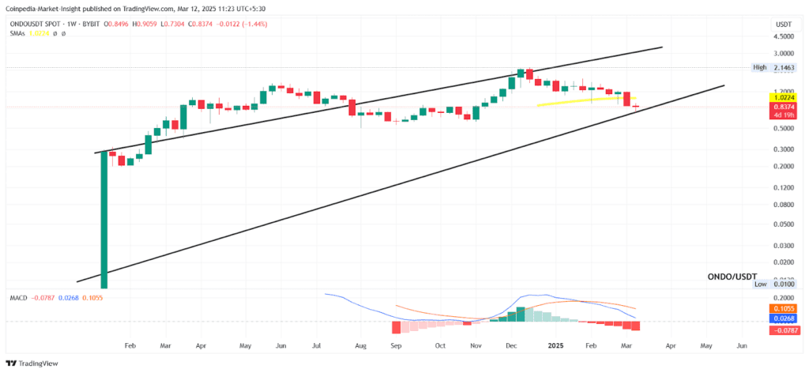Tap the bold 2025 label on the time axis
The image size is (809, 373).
[x=556, y=346]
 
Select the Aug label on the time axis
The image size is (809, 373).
[x=361, y=346]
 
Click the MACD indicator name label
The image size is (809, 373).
[x=19, y=297]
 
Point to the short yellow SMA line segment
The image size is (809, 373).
[x=585, y=101]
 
